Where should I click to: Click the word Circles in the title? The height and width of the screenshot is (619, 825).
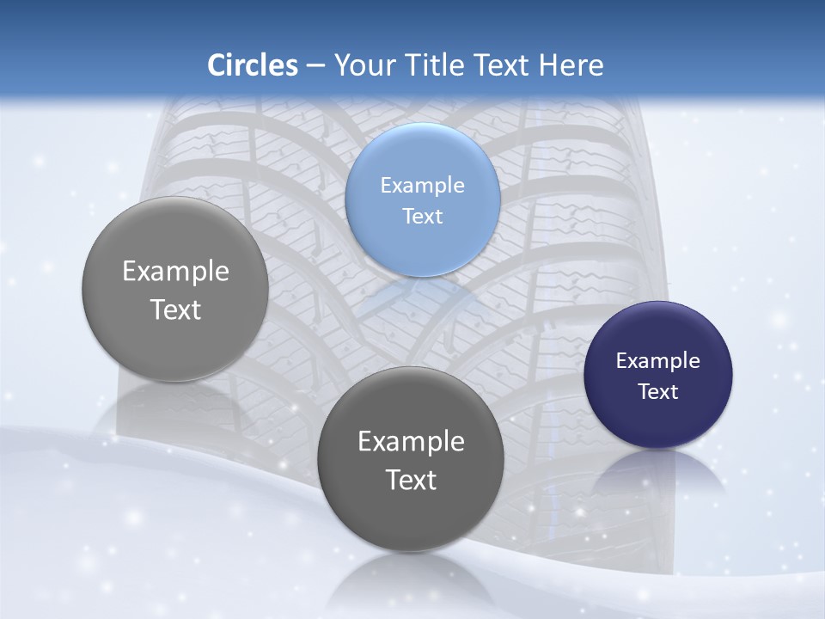click(253, 65)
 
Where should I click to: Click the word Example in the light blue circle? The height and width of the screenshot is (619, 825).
click(423, 185)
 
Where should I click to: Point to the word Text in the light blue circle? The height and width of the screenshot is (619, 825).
click(423, 216)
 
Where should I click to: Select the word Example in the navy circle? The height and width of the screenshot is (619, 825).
click(658, 360)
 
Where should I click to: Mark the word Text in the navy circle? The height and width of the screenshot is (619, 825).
click(658, 391)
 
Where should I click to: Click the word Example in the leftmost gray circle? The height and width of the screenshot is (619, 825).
click(175, 271)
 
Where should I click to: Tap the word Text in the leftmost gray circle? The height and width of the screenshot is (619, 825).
click(175, 309)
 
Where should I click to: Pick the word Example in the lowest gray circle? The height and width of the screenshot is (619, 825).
click(411, 441)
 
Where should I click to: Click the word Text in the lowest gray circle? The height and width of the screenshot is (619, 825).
click(411, 480)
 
